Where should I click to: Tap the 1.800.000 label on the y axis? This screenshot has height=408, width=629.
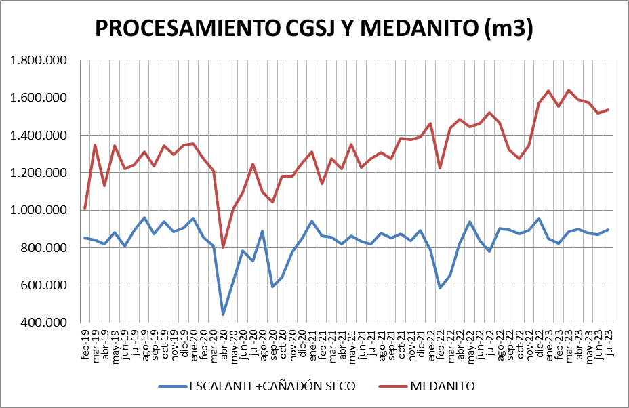pyautogui.click(x=40, y=60)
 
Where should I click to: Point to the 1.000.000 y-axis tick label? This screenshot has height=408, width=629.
pyautogui.click(x=40, y=210)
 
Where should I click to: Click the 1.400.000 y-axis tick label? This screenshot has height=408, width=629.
pyautogui.click(x=40, y=136)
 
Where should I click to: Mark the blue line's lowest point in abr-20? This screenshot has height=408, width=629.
pyautogui.click(x=223, y=314)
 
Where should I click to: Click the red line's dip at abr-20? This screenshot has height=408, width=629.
pyautogui.click(x=223, y=247)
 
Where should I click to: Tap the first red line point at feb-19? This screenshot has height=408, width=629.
pyautogui.click(x=85, y=209)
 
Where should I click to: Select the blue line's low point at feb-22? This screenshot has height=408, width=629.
pyautogui.click(x=440, y=288)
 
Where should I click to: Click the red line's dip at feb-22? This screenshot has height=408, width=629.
pyautogui.click(x=440, y=168)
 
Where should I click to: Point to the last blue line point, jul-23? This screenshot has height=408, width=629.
pyautogui.click(x=608, y=230)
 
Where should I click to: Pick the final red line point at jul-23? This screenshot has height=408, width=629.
pyautogui.click(x=608, y=110)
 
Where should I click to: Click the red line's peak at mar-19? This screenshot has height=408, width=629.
pyautogui.click(x=95, y=145)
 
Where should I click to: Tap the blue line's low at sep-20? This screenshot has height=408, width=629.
pyautogui.click(x=272, y=287)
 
